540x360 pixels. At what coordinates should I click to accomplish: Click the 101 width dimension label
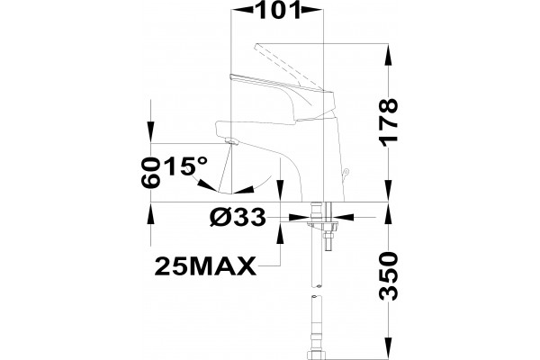click(277, 10)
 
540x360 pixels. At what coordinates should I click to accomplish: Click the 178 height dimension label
click(389, 122)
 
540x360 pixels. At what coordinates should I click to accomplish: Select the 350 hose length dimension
click(389, 275)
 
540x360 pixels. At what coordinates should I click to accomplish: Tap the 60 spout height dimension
click(150, 173)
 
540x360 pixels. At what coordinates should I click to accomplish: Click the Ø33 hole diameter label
click(238, 218)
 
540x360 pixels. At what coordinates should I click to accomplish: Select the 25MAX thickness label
click(205, 266)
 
